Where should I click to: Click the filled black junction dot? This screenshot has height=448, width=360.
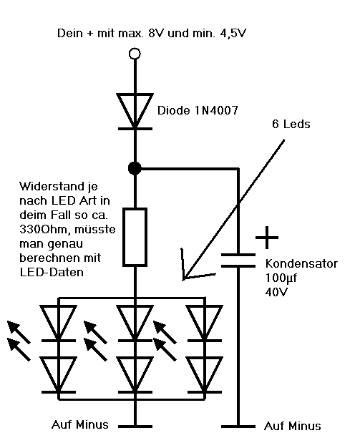[x=133, y=169]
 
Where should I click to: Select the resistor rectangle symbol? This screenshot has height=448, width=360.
[x=134, y=235]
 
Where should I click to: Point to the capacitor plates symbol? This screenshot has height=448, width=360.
[x=237, y=259]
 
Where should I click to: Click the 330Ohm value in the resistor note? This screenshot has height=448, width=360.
[x=42, y=230]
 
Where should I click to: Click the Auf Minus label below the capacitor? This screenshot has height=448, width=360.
[x=293, y=427]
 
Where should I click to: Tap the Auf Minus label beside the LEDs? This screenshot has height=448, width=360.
[x=80, y=424]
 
